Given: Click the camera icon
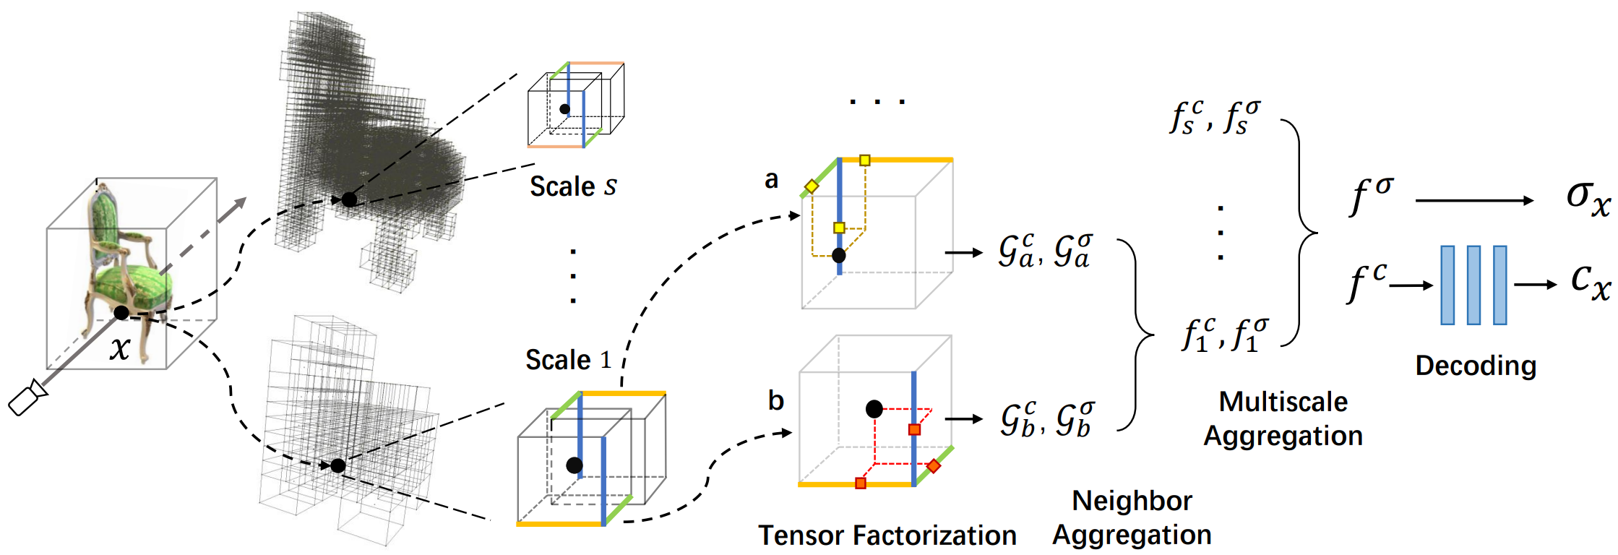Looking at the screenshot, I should pyautogui.click(x=27, y=397).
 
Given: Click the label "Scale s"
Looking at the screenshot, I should pyautogui.click(x=573, y=186).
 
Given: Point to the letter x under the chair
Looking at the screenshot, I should pyautogui.click(x=120, y=348).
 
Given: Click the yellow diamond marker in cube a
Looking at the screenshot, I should pyautogui.click(x=812, y=186).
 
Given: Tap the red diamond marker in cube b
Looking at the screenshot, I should pyautogui.click(x=934, y=466).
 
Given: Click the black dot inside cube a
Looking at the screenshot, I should pyautogui.click(x=838, y=255).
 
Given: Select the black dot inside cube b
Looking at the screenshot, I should pyautogui.click(x=874, y=409).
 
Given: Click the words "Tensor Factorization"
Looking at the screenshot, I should pyautogui.click(x=887, y=535).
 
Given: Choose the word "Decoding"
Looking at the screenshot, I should pyautogui.click(x=1476, y=366).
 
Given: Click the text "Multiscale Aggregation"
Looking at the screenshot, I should pyautogui.click(x=1283, y=419).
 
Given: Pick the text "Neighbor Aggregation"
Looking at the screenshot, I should pyautogui.click(x=1132, y=517).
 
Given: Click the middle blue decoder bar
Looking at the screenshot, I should pyautogui.click(x=1473, y=285).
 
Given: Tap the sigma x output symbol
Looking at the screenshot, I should pyautogui.click(x=1588, y=197).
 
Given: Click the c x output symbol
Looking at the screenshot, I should pyautogui.click(x=1591, y=282).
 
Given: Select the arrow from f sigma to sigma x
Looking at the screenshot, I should pyautogui.click(x=1474, y=200).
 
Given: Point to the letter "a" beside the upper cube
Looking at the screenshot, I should pyautogui.click(x=772, y=179).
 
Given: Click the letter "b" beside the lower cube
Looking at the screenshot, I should pyautogui.click(x=776, y=400).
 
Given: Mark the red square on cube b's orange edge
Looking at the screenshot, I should pyautogui.click(x=860, y=483).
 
